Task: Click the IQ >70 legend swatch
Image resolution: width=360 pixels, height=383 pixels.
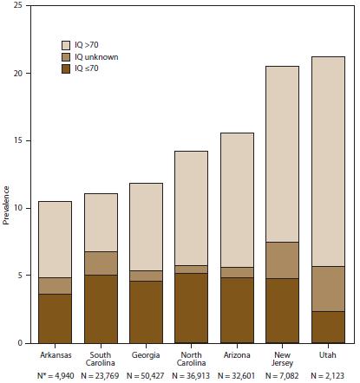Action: [x=67, y=43]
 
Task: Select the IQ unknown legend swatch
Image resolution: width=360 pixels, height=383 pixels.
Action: [x=67, y=56]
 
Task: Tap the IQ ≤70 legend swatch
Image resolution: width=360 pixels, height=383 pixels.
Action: [x=67, y=69]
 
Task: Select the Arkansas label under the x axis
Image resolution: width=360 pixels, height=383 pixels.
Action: [x=55, y=354]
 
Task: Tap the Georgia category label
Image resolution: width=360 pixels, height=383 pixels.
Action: [x=146, y=354]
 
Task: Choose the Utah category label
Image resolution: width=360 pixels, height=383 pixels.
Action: [x=327, y=354]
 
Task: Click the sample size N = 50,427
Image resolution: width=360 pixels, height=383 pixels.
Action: [x=146, y=376]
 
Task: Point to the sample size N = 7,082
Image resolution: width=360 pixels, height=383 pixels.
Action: [x=282, y=376]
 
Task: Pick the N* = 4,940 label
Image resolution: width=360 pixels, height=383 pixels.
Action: [x=55, y=376]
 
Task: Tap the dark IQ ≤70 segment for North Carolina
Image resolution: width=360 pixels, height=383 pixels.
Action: [x=191, y=308]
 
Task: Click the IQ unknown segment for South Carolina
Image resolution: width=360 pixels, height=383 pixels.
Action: [x=101, y=263]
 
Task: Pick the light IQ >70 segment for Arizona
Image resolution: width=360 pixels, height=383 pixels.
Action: [x=237, y=199]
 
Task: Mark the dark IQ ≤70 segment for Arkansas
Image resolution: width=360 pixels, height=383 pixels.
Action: [x=55, y=318]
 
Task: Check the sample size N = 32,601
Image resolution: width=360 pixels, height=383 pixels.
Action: [x=237, y=376]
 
